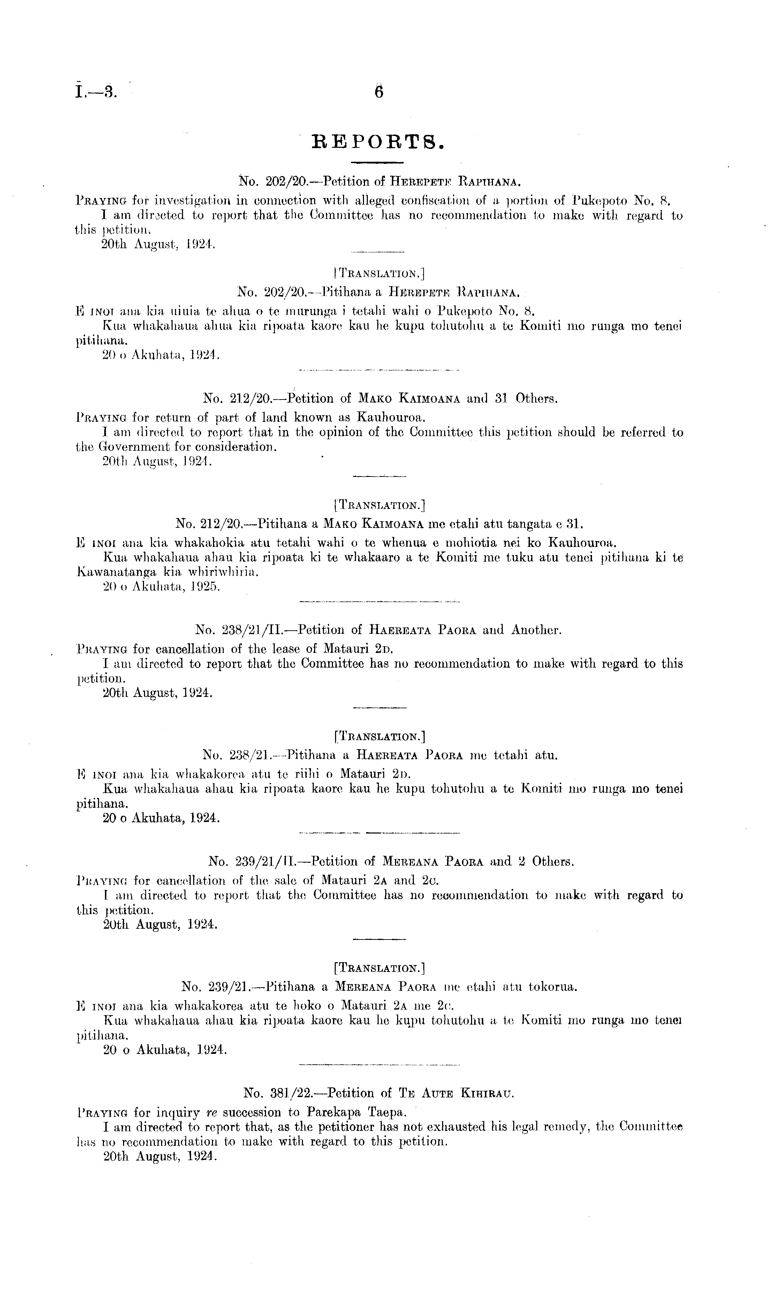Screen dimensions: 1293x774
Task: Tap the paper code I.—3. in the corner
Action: [97, 93]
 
